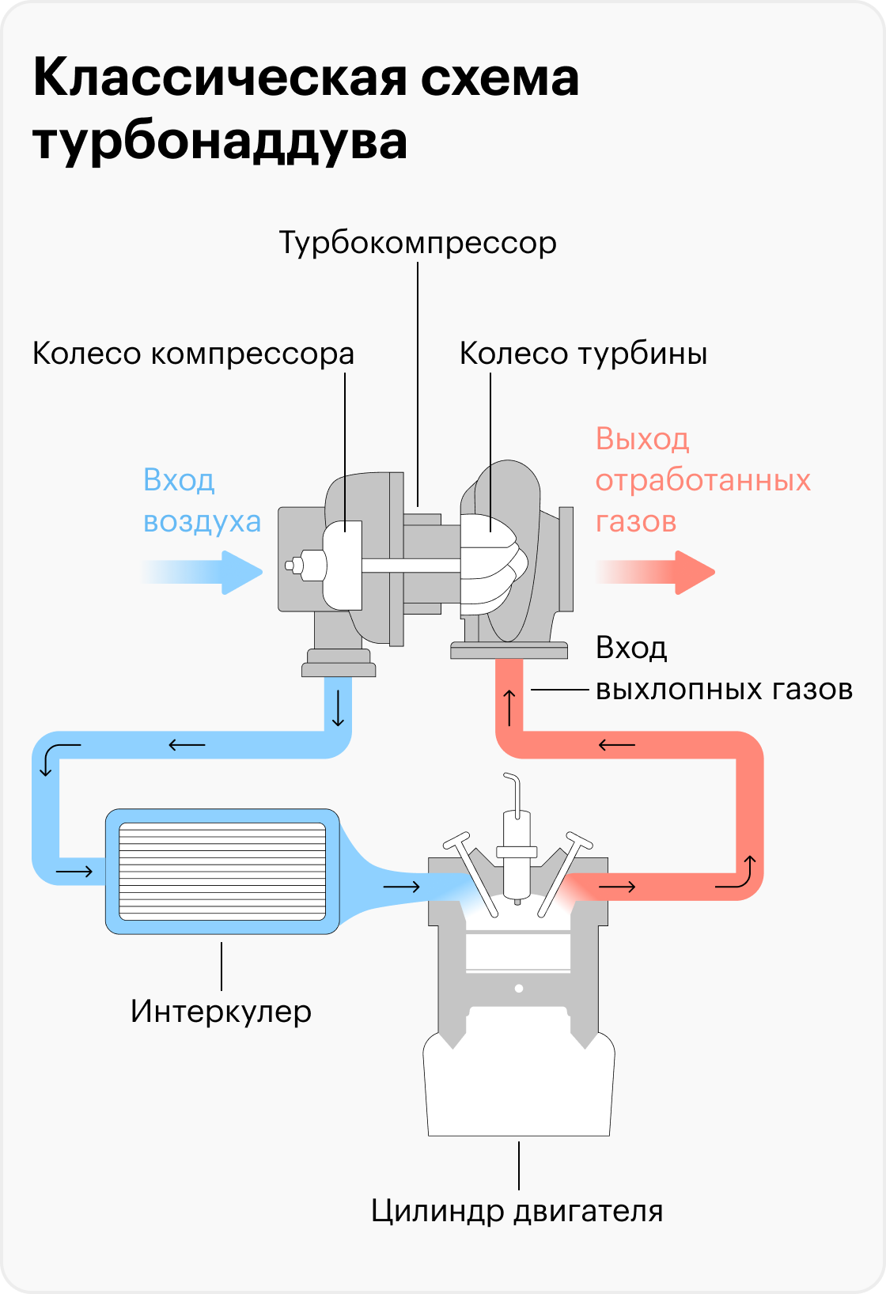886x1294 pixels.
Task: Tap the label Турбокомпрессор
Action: (418, 243)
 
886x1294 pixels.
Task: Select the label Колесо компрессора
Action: (193, 354)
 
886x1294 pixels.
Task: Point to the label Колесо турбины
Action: (583, 354)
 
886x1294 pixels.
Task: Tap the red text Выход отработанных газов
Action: (702, 480)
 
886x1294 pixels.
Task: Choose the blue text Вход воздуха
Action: (202, 501)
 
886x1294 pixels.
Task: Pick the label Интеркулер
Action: (221, 1011)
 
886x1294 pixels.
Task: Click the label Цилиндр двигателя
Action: (517, 1211)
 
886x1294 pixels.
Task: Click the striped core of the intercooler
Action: (222, 871)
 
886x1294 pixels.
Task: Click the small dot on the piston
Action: (519, 988)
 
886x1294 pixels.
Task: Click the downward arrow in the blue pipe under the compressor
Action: (339, 708)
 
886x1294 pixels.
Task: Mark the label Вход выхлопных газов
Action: (723, 668)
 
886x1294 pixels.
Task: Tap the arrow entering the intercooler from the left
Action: (74, 872)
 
